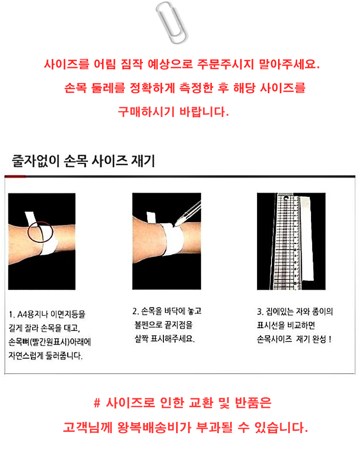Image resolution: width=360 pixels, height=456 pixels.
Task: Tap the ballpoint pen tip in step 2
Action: pyautogui.click(x=175, y=224)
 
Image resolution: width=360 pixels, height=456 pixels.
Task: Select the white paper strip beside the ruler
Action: pyautogui.click(x=307, y=238)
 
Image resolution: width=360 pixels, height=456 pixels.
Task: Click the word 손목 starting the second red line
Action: pyautogui.click(x=75, y=88)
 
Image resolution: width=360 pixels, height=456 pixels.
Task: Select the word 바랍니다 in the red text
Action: pyautogui.click(x=204, y=112)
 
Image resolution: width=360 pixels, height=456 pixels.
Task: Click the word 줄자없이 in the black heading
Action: pyautogui.click(x=35, y=161)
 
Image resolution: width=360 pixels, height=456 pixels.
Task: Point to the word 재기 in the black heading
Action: pyautogui.click(x=143, y=161)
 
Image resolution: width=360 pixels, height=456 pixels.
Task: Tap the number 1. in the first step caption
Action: pyautogui.click(x=12, y=315)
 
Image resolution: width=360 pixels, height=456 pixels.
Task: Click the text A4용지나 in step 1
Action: pyautogui.click(x=32, y=314)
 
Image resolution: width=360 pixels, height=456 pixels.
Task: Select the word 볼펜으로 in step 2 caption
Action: pyautogui.click(x=149, y=325)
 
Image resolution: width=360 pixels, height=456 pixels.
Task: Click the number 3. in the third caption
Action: pyautogui.click(x=260, y=312)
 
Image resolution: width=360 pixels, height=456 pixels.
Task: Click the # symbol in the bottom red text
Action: pyautogui.click(x=97, y=403)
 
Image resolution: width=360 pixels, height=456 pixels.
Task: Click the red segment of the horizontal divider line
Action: pyautogui.click(x=15, y=176)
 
